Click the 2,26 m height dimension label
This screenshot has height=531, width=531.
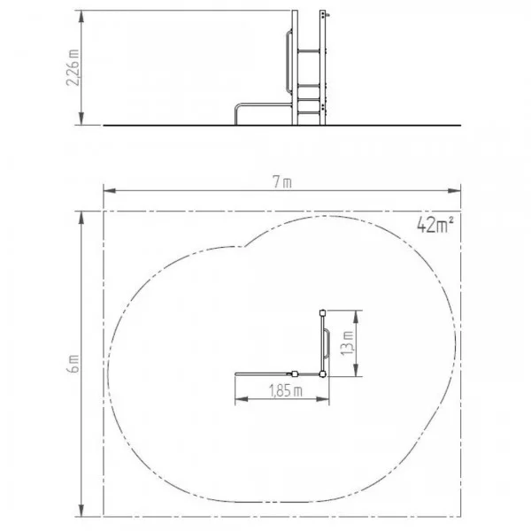[73, 68]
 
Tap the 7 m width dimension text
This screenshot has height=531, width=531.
[282, 182]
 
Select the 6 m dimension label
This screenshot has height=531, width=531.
[73, 364]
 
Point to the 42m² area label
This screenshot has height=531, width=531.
[435, 224]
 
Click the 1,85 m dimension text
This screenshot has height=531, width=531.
[286, 391]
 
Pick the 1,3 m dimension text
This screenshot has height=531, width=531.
[348, 342]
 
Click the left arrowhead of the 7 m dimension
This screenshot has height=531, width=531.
[110, 190]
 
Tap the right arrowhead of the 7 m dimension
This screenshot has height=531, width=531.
[455, 190]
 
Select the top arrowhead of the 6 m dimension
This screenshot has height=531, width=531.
[81, 218]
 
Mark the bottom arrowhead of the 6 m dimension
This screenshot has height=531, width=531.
[81, 510]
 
